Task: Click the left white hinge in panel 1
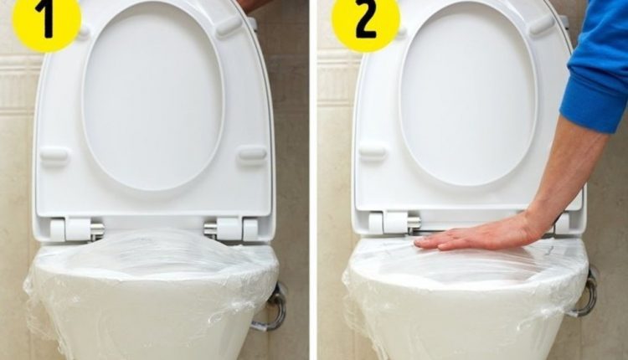(x=71, y=229)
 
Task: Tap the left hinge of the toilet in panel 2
(x=389, y=223)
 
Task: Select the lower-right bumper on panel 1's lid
(x=252, y=155)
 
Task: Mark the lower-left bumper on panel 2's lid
(x=372, y=152)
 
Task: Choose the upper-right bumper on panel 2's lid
(x=542, y=25)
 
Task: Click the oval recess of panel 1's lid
(x=152, y=96)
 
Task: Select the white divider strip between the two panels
(x=313, y=180)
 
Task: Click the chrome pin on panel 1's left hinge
(x=98, y=230)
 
